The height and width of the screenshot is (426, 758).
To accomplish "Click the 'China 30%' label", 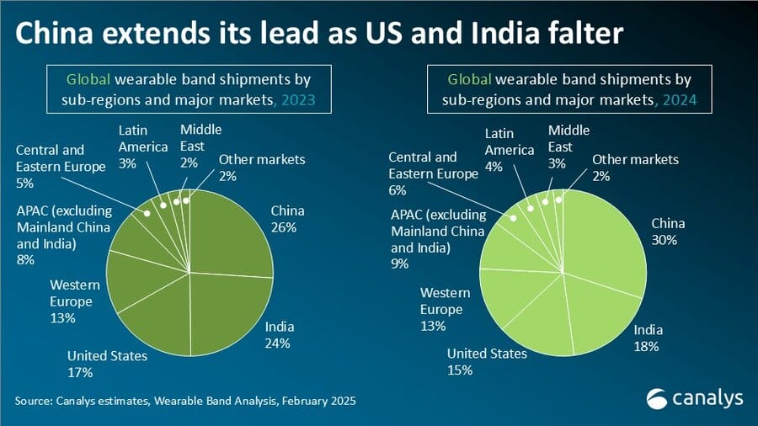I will pos(668,232).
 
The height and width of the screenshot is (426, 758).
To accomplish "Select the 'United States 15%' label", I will pos(487,361).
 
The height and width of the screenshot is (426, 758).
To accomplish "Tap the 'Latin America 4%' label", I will pos(510,149).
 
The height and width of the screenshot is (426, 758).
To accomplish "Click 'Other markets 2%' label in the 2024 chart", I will pos(634,168).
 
